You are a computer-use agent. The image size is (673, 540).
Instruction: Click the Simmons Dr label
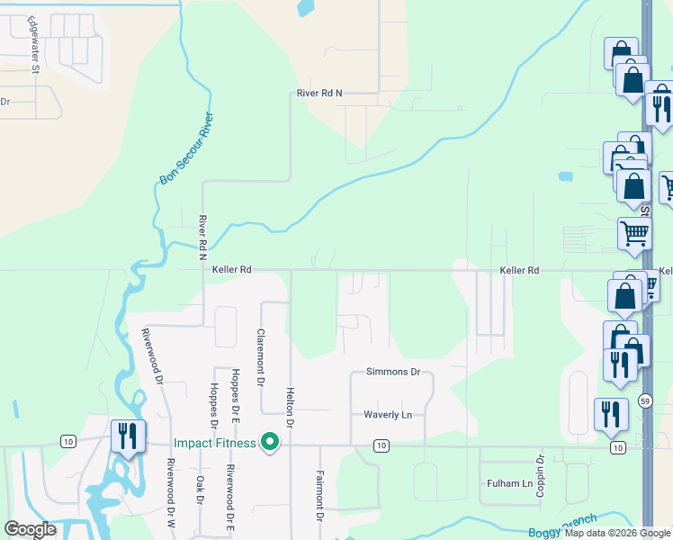click(393, 372)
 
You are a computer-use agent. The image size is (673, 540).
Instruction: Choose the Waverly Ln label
click(388, 414)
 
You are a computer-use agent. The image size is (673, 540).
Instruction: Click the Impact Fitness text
click(215, 443)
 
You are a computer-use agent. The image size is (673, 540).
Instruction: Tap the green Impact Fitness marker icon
click(268, 442)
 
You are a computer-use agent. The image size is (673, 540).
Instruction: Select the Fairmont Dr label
click(319, 495)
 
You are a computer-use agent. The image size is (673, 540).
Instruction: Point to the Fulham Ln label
click(509, 483)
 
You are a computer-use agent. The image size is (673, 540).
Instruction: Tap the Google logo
click(30, 529)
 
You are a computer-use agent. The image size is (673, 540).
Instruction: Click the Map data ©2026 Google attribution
click(617, 533)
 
